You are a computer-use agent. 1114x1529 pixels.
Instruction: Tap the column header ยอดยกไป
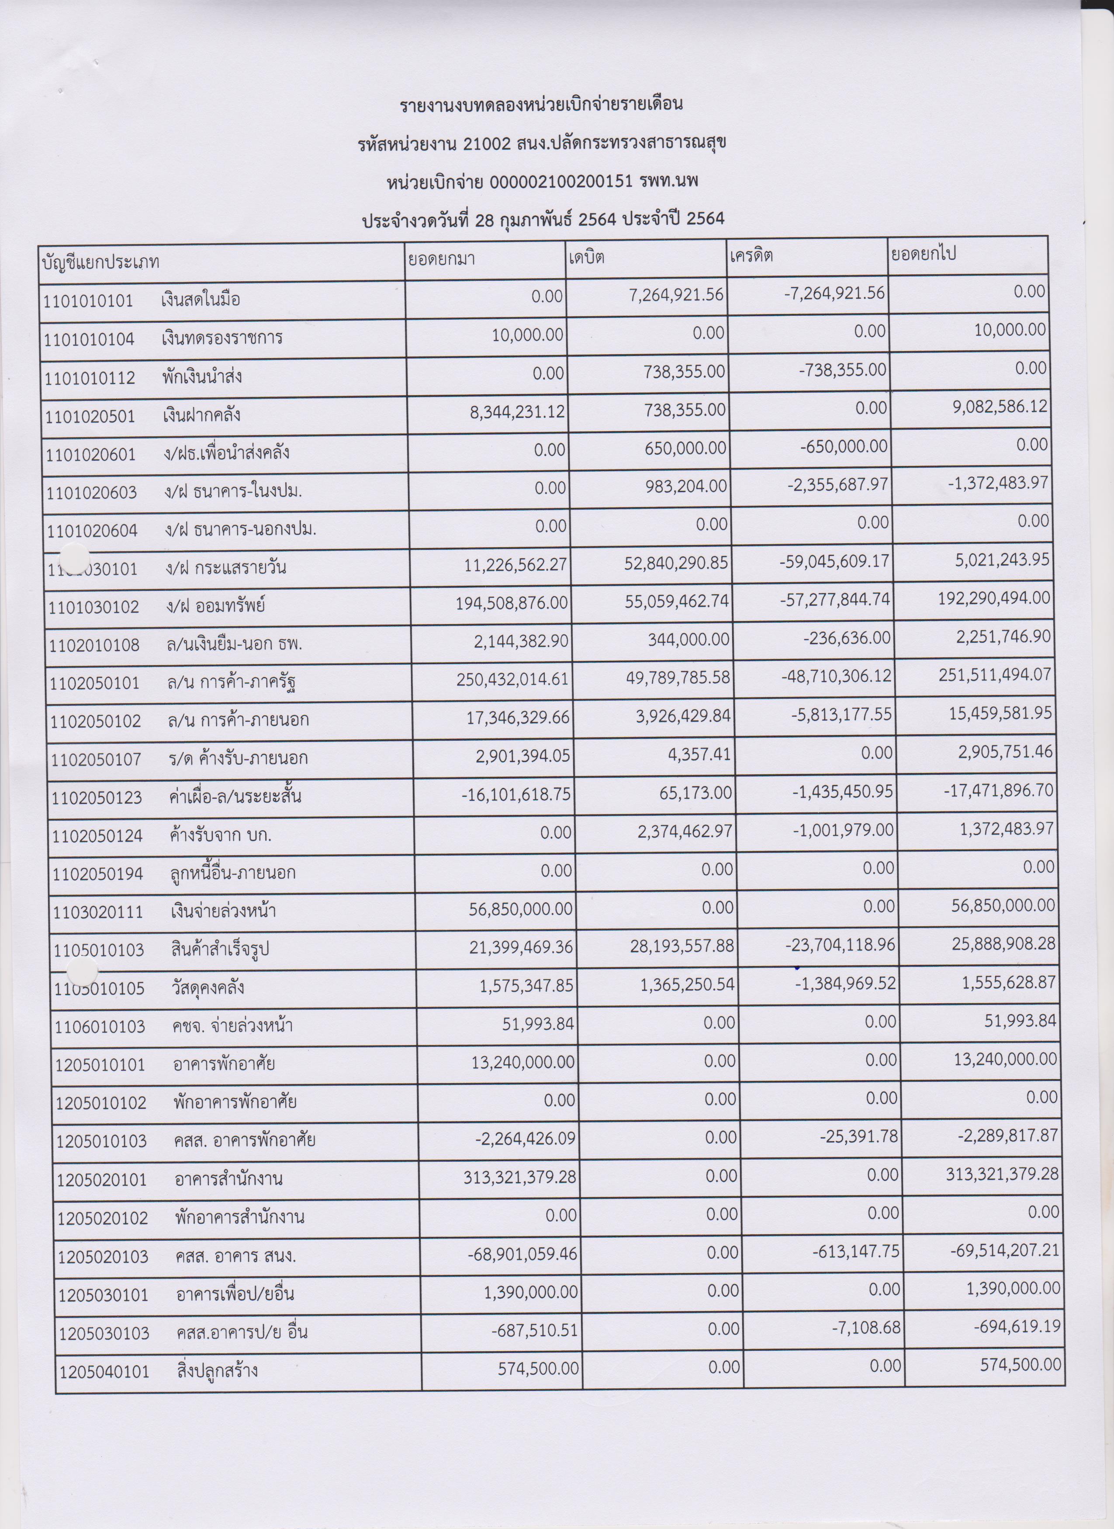(x=924, y=255)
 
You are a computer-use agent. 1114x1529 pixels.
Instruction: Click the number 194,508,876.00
(x=511, y=602)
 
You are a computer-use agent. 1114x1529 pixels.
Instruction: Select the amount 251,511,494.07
(x=995, y=674)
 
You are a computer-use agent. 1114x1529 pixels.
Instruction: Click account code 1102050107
(x=95, y=760)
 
